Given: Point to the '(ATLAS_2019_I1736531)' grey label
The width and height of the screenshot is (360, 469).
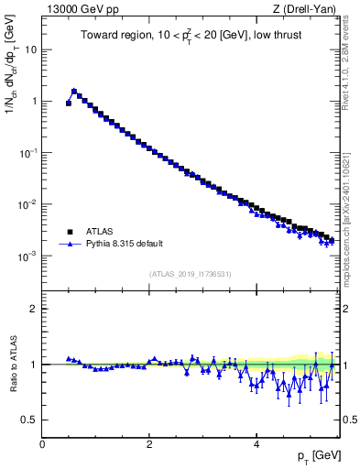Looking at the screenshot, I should point(191,274).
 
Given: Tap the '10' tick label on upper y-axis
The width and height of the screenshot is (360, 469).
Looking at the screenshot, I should point(29,49).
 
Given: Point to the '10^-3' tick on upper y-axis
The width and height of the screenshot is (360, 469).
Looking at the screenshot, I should point(27,256).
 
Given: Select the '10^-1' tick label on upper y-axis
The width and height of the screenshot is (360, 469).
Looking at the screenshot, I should point(27,153).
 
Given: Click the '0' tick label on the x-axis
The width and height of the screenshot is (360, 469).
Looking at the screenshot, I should point(42,443).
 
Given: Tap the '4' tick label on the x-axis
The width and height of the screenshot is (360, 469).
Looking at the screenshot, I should point(256,443).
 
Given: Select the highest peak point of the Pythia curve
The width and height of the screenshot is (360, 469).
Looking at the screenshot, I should point(74,91).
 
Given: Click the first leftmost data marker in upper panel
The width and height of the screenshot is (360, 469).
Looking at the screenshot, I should point(69,104).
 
